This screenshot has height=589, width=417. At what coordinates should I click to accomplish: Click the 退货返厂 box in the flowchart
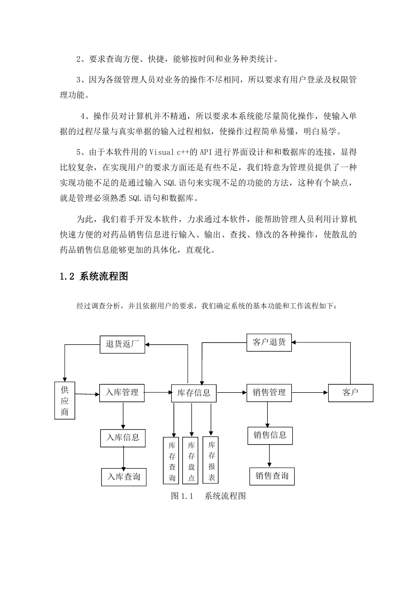click(x=122, y=344)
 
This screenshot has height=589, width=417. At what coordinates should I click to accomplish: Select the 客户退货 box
click(x=269, y=342)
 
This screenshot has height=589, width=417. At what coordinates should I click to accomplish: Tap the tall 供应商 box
click(x=65, y=401)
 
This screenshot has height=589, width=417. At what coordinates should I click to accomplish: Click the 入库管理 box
click(x=122, y=393)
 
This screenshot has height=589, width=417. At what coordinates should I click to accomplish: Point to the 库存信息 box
click(x=194, y=393)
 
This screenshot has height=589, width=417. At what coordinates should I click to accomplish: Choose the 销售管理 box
click(x=269, y=393)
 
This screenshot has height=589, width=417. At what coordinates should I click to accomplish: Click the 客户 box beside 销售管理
click(x=350, y=393)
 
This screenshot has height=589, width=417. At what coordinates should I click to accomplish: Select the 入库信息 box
click(x=123, y=438)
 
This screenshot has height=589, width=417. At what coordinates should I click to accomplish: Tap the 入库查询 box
click(x=124, y=477)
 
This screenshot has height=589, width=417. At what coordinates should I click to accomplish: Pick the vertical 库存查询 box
click(x=171, y=460)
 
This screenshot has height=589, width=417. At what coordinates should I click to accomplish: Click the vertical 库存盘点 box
click(x=190, y=460)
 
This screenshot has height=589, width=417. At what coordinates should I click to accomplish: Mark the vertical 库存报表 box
click(x=211, y=460)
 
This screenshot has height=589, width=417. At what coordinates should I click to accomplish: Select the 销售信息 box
click(x=270, y=436)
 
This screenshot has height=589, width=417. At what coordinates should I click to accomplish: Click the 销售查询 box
click(x=272, y=476)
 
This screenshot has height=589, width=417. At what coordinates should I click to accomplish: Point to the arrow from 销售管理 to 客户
click(x=310, y=392)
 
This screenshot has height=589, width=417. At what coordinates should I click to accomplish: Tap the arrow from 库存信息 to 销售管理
click(x=231, y=392)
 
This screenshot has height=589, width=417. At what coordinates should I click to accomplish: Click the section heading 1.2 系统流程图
click(x=94, y=276)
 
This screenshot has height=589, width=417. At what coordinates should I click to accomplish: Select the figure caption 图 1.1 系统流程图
click(x=208, y=496)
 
